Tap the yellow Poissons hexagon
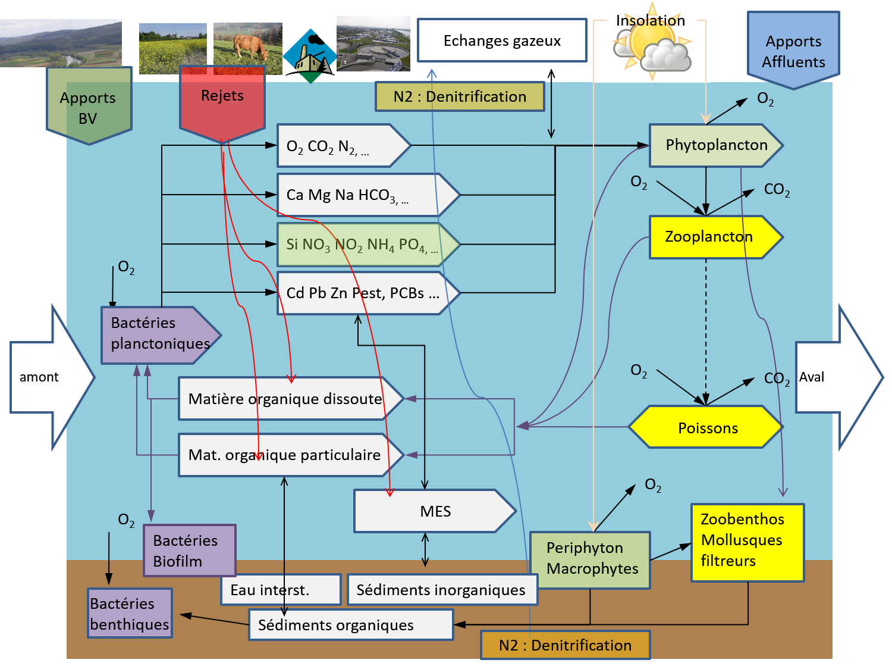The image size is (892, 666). [706, 427]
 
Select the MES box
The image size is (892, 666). [434, 511]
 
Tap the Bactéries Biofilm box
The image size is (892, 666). [189, 550]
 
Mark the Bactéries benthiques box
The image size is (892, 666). [130, 613]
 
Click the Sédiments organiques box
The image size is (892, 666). [351, 625]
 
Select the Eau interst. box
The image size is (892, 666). [280, 590]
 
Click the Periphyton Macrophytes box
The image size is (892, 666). [589, 559]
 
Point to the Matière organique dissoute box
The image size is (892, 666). [285, 399]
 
